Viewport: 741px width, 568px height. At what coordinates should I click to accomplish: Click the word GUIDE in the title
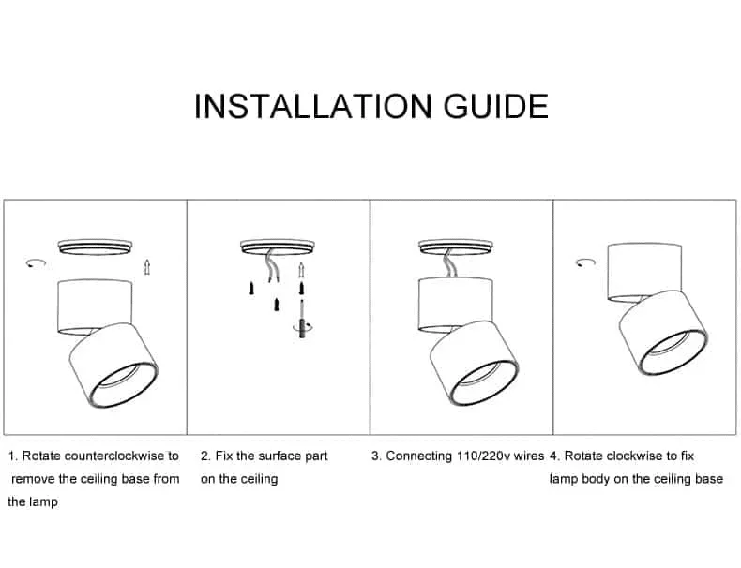pyautogui.click(x=496, y=106)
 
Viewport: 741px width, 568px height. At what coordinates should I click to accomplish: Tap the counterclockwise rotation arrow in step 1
pyautogui.click(x=36, y=263)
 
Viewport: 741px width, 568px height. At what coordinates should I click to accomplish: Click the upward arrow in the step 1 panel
pyautogui.click(x=147, y=267)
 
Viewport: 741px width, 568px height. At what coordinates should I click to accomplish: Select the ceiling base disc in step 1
pyautogui.click(x=95, y=247)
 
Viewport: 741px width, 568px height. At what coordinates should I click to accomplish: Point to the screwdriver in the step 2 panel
pyautogui.click(x=301, y=320)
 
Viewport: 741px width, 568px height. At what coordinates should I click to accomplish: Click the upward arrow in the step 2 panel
pyautogui.click(x=301, y=271)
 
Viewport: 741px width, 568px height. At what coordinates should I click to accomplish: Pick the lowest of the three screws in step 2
pyautogui.click(x=277, y=305)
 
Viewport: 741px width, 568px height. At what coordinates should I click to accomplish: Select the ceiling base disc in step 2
pyautogui.click(x=278, y=247)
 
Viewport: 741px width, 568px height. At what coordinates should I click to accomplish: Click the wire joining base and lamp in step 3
pyautogui.click(x=447, y=264)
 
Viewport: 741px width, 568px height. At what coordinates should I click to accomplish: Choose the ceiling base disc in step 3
pyautogui.click(x=456, y=247)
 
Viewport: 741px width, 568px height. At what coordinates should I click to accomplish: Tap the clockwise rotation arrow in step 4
pyautogui.click(x=585, y=263)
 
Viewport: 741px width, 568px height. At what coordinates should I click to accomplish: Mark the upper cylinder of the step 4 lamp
pyautogui.click(x=644, y=273)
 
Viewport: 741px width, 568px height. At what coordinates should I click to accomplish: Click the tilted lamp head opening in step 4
pyautogui.click(x=673, y=352)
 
